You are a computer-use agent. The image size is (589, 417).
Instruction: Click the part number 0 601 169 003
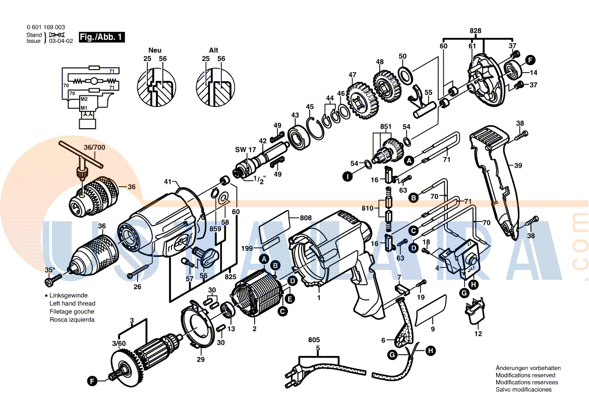click(45, 27)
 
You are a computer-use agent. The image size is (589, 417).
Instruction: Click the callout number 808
click(306, 218)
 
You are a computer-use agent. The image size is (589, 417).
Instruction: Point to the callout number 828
click(475, 31)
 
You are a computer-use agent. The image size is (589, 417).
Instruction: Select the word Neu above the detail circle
click(155, 50)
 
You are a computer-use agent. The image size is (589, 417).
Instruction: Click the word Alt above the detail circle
click(214, 50)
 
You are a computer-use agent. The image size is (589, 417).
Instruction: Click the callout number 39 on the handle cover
click(518, 165)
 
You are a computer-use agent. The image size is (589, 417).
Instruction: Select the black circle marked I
click(347, 177)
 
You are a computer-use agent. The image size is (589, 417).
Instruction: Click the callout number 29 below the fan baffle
click(201, 359)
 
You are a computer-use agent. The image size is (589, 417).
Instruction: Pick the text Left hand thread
click(72, 303)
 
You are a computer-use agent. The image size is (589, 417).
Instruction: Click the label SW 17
click(246, 150)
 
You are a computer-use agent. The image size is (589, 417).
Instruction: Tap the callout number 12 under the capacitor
click(478, 334)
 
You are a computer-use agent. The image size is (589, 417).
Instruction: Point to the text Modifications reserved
click(525, 375)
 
